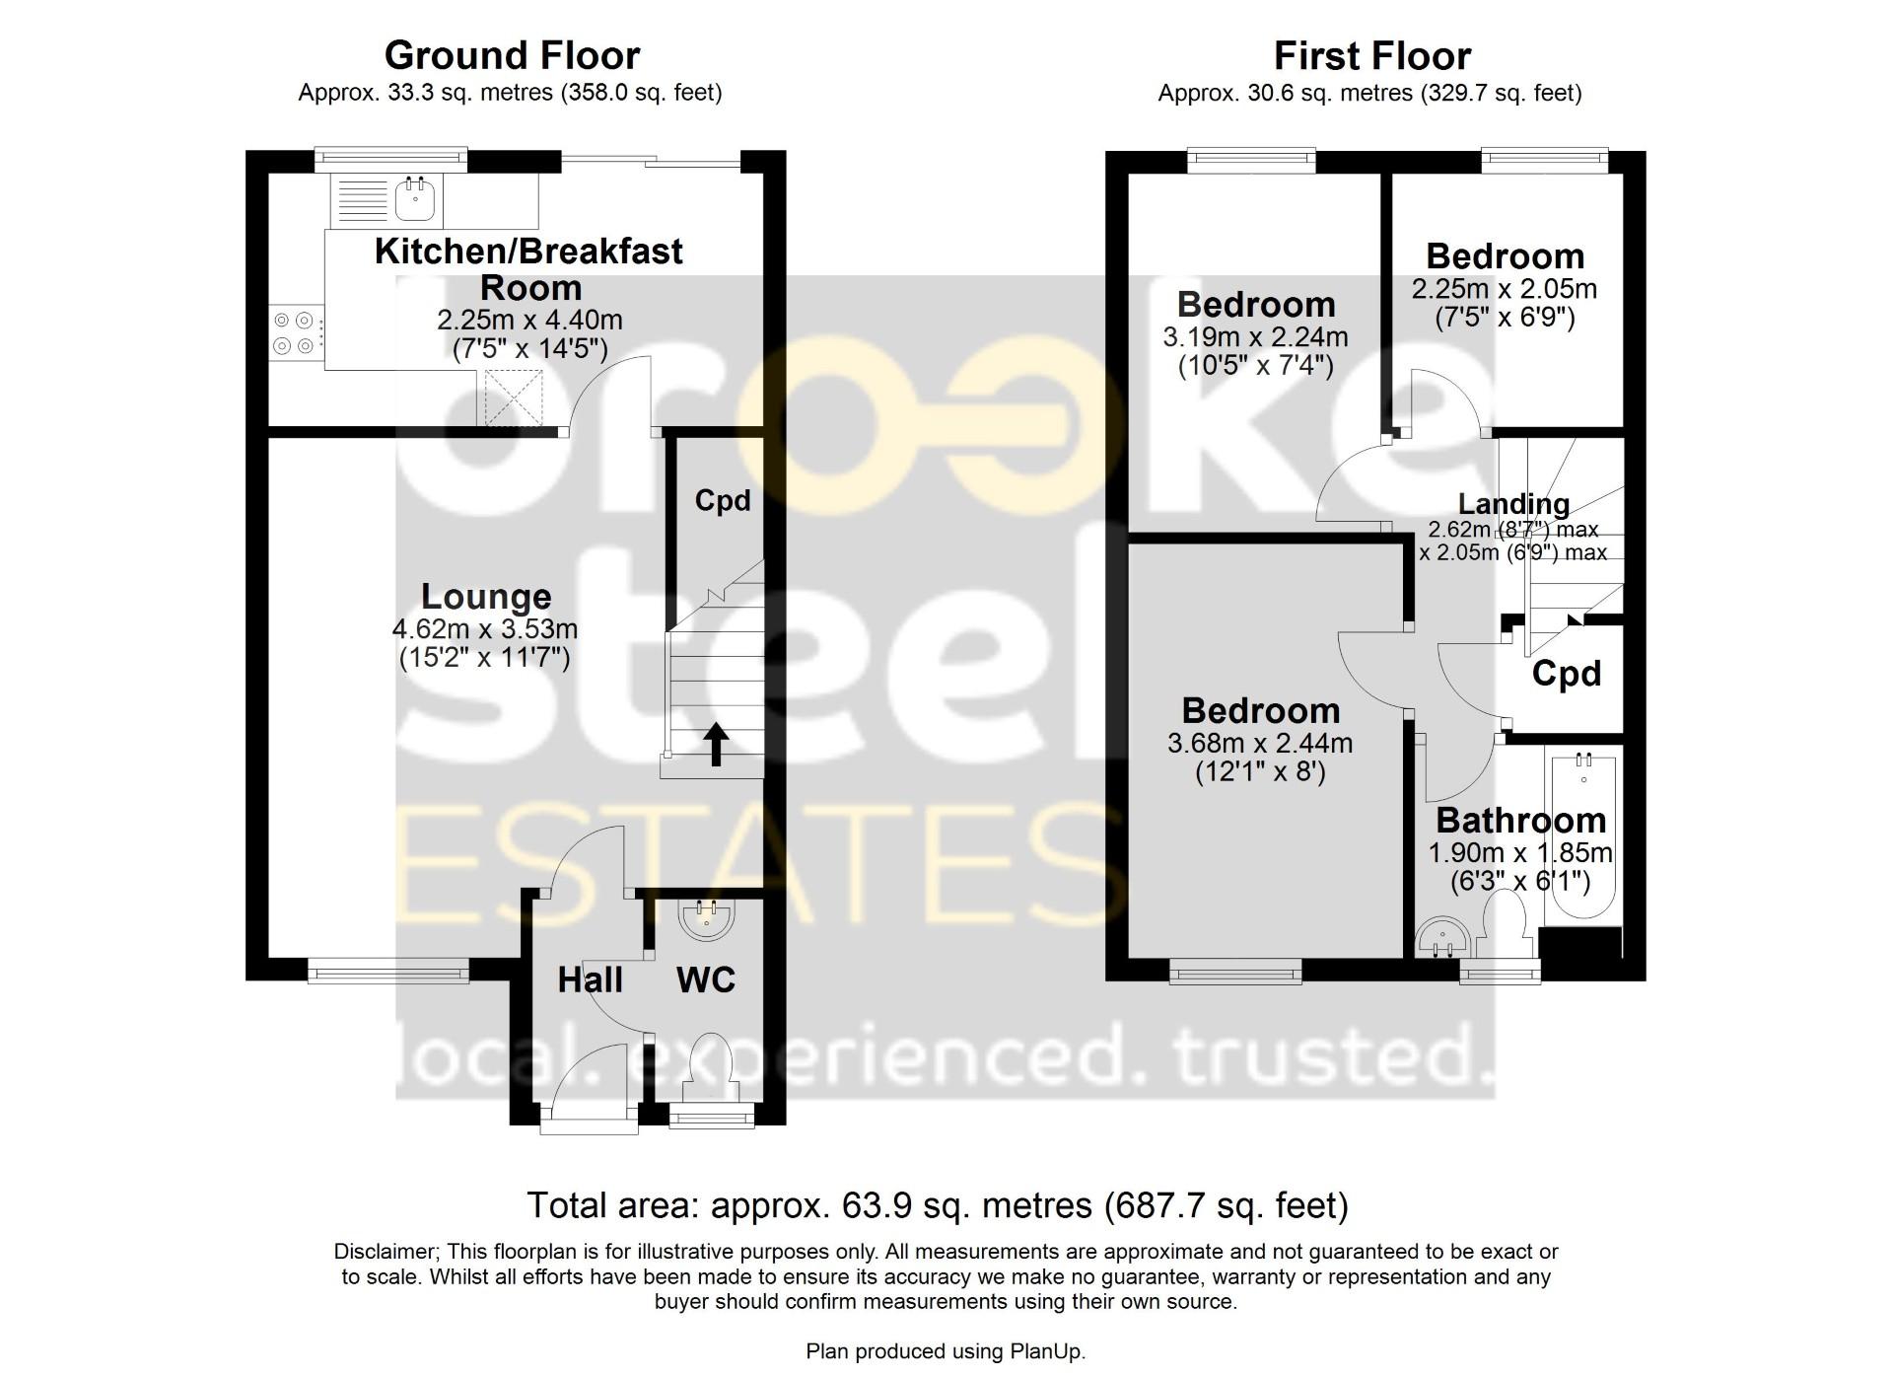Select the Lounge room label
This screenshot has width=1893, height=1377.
tap(485, 597)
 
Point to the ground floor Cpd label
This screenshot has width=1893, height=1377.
tap(723, 501)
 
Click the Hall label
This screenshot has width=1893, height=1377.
tap(590, 979)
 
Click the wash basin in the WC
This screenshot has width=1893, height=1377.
tap(707, 917)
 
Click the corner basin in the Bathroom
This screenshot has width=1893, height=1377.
tap(1440, 939)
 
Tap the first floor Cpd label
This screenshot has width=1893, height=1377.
tap(1566, 674)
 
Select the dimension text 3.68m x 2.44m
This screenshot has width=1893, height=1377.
tap(1260, 743)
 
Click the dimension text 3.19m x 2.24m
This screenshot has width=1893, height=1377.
tap(1255, 337)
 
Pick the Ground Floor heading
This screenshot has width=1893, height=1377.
tap(512, 55)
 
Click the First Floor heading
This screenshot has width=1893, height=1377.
tap(1372, 56)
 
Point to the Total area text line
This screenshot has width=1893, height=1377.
tap(937, 1205)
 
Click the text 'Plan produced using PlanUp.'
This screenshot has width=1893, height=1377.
tap(946, 1351)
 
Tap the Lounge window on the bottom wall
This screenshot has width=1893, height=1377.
tap(387, 974)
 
